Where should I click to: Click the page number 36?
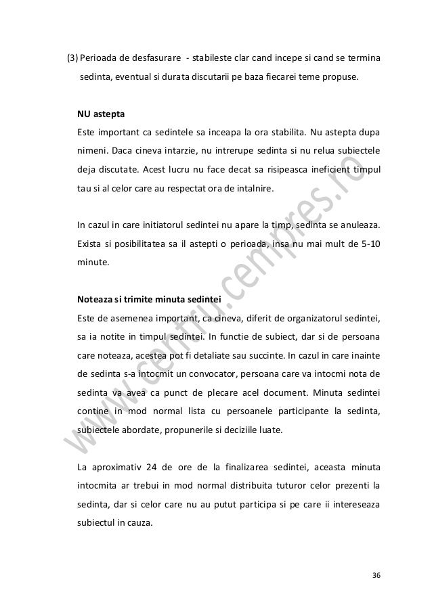pos(376,575)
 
